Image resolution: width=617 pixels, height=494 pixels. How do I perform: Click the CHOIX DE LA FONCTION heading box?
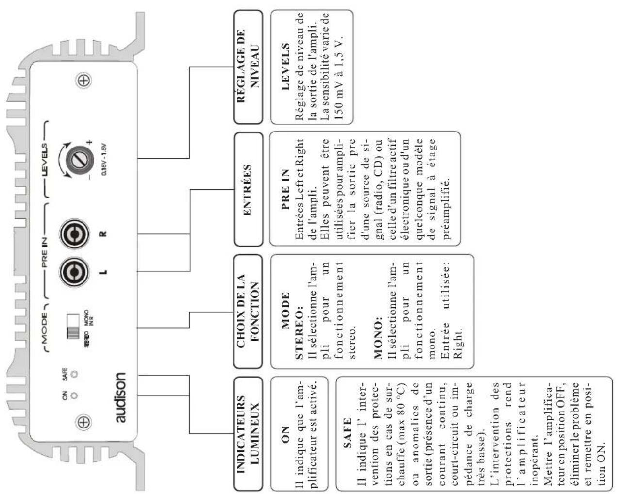tap(248, 311)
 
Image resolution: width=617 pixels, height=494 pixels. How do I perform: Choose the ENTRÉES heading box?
tap(248, 189)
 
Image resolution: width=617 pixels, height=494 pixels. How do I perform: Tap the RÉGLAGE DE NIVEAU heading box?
tap(248, 67)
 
